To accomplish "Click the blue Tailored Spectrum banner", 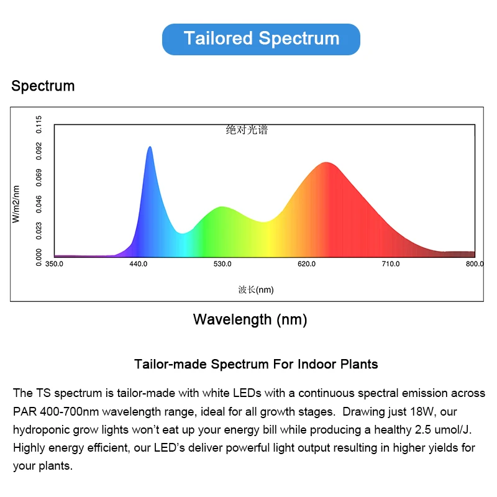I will pos(261,39).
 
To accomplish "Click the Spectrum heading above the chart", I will pos(43,86).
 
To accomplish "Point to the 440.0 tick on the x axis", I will pos(138,264).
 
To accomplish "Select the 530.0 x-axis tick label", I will pos(222,264).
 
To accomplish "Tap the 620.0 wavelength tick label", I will pos(306,264).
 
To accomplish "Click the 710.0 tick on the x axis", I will pos(390,264).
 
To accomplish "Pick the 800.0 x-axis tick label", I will pos(475,264).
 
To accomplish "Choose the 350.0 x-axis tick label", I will pos(54,264).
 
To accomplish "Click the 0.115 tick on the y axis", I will pos(39,125).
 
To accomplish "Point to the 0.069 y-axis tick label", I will pos(39,178).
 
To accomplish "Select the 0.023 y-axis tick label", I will pos(39,230).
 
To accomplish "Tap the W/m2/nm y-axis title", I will pos(17,204).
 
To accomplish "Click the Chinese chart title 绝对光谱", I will pos(247,130).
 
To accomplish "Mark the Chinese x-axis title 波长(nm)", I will pos(255,290).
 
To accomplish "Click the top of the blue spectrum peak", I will pos(150,147).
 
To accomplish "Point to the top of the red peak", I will pos(326,163).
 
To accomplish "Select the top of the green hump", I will pos(222,207).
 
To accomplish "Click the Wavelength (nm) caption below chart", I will pos(250,320).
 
